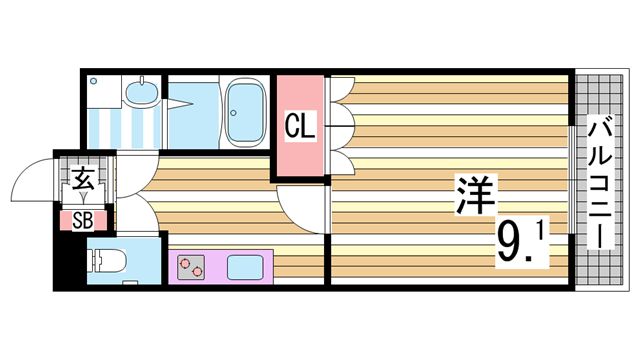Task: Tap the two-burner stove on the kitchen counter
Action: (x=190, y=266)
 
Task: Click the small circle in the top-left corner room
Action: (x=93, y=81)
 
